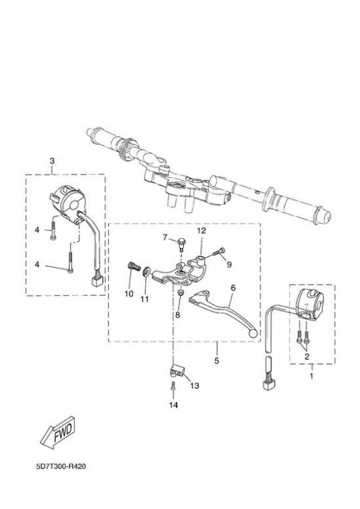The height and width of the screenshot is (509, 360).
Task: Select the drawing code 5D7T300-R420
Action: pyautogui.click(x=61, y=466)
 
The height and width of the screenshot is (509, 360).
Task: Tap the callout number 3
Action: pyautogui.click(x=52, y=161)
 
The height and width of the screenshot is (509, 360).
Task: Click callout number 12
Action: pyautogui.click(x=201, y=231)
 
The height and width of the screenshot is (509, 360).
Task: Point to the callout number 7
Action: pyautogui.click(x=165, y=238)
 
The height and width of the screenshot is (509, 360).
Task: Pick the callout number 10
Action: pyautogui.click(x=129, y=294)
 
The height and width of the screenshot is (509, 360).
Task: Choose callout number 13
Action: pyautogui.click(x=194, y=386)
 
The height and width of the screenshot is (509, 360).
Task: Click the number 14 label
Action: pyautogui.click(x=173, y=405)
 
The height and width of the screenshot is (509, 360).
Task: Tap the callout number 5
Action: pyautogui.click(x=217, y=360)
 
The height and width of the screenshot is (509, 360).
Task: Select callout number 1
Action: pyautogui.click(x=311, y=376)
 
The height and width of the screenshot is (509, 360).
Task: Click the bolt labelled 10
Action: pyautogui.click(x=133, y=266)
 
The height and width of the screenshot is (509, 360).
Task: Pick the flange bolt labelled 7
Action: pyautogui.click(x=181, y=245)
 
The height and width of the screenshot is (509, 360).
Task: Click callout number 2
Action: pyautogui.click(x=307, y=356)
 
